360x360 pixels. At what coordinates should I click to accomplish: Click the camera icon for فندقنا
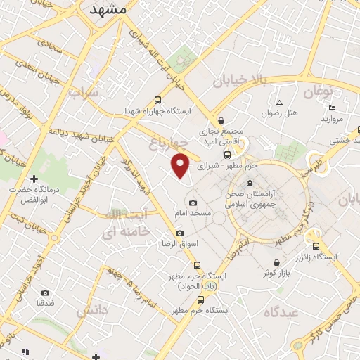click(46, 292)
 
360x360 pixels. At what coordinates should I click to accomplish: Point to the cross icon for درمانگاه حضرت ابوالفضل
click(34, 179)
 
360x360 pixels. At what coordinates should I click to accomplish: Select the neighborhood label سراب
click(84, 94)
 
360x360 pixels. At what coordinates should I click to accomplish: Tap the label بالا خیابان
click(241, 82)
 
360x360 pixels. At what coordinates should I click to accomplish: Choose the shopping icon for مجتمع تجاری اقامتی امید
click(222, 120)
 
